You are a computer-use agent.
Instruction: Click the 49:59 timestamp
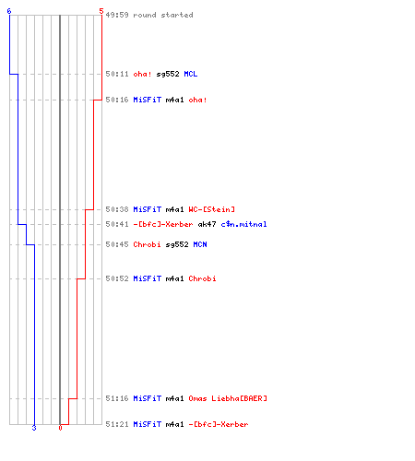117,15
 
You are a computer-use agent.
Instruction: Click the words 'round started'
163,15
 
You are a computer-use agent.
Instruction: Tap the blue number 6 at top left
9,11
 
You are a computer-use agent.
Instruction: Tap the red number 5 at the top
101,11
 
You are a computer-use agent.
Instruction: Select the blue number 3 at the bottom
34,428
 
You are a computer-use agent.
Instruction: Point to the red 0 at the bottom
60,428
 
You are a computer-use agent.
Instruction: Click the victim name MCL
191,74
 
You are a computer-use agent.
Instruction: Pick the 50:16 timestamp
117,100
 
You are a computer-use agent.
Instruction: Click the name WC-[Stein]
211,209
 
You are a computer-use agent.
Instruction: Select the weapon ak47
207,224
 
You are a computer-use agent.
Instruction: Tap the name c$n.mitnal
243,224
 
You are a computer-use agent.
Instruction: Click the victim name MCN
200,244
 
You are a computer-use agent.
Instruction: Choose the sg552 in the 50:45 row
177,244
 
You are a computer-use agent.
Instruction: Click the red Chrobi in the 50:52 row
202,278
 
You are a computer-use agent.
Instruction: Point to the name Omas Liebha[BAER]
228,398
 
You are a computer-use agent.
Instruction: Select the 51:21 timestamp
117,424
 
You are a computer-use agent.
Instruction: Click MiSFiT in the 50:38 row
147,209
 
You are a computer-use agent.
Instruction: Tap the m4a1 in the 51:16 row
174,398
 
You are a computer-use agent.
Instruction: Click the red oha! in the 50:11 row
142,74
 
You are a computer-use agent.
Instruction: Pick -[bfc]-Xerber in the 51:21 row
219,424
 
